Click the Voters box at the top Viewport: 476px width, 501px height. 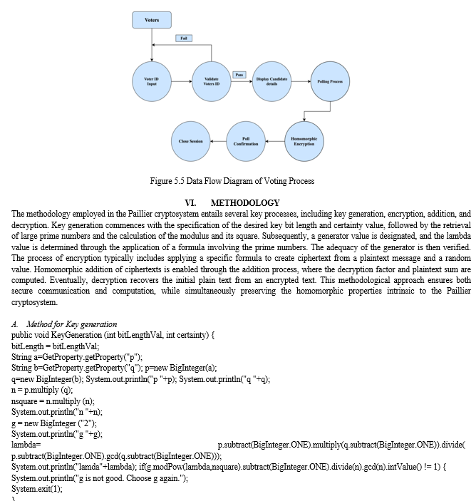[x=152, y=20]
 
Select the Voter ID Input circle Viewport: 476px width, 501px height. [x=152, y=81]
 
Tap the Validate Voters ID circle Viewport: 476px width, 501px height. [x=212, y=81]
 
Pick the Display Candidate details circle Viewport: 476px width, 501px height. [x=271, y=81]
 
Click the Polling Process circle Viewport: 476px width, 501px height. [x=330, y=81]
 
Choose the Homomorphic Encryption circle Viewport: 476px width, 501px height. [x=304, y=141]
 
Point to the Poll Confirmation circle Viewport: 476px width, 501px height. [x=246, y=141]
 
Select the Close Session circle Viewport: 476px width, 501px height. [x=191, y=141]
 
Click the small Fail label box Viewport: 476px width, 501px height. [x=184, y=38]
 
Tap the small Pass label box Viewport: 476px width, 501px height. [x=239, y=75]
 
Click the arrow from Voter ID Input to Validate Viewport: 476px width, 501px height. [x=182, y=81]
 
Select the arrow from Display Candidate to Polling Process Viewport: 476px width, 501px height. [x=301, y=81]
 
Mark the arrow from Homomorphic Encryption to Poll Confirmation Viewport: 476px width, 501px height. [x=275, y=141]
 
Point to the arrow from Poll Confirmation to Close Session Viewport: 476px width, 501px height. [x=218, y=141]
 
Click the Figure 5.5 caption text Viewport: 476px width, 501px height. [x=232, y=181]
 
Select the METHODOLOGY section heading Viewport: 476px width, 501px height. [x=245, y=203]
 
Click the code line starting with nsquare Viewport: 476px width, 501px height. [x=53, y=401]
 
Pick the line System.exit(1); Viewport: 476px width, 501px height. [x=37, y=489]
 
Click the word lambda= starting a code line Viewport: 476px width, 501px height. [x=26, y=445]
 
